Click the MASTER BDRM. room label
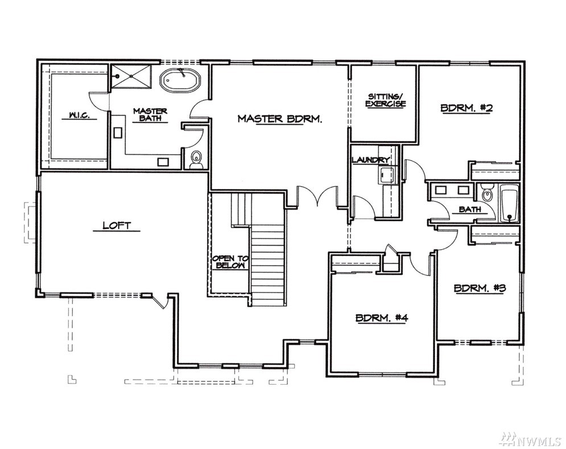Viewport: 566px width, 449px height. [280, 118]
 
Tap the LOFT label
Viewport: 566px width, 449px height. [116, 226]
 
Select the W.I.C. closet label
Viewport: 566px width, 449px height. [79, 116]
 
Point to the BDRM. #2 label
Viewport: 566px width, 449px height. [466, 108]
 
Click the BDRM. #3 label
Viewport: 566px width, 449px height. [480, 278]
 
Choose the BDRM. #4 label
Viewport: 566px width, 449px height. [382, 318]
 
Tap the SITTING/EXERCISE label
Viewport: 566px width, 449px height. [386, 100]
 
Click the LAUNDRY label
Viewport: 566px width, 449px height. [370, 160]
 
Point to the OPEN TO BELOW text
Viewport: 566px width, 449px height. [230, 262]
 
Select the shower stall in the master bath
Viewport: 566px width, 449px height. [131, 76]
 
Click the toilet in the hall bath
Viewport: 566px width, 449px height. [487, 193]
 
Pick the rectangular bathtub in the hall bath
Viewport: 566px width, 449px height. [509, 203]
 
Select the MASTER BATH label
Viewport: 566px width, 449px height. [150, 114]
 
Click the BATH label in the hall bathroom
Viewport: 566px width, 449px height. [470, 209]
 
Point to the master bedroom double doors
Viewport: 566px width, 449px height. [317, 197]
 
